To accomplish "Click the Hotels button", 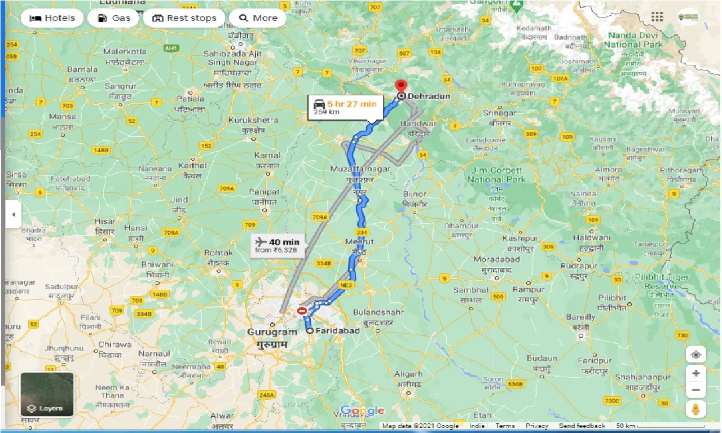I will (52, 18).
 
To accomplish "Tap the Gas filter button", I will (113, 18).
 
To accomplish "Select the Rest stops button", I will (184, 18).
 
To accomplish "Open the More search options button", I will (258, 18).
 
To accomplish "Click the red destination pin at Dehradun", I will (401, 87).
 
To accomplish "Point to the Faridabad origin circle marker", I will (310, 331).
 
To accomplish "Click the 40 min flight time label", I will (284, 242).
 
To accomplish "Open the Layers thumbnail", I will (47, 394).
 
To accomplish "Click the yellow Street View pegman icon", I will (696, 408).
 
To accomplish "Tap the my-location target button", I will (696, 355).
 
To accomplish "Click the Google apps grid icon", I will (657, 17).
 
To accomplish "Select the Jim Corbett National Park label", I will (496, 175).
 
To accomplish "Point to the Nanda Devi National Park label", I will (633, 39).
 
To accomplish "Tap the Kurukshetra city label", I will (253, 120).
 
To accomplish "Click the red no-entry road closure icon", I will (302, 311).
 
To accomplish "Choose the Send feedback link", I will (582, 426).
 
